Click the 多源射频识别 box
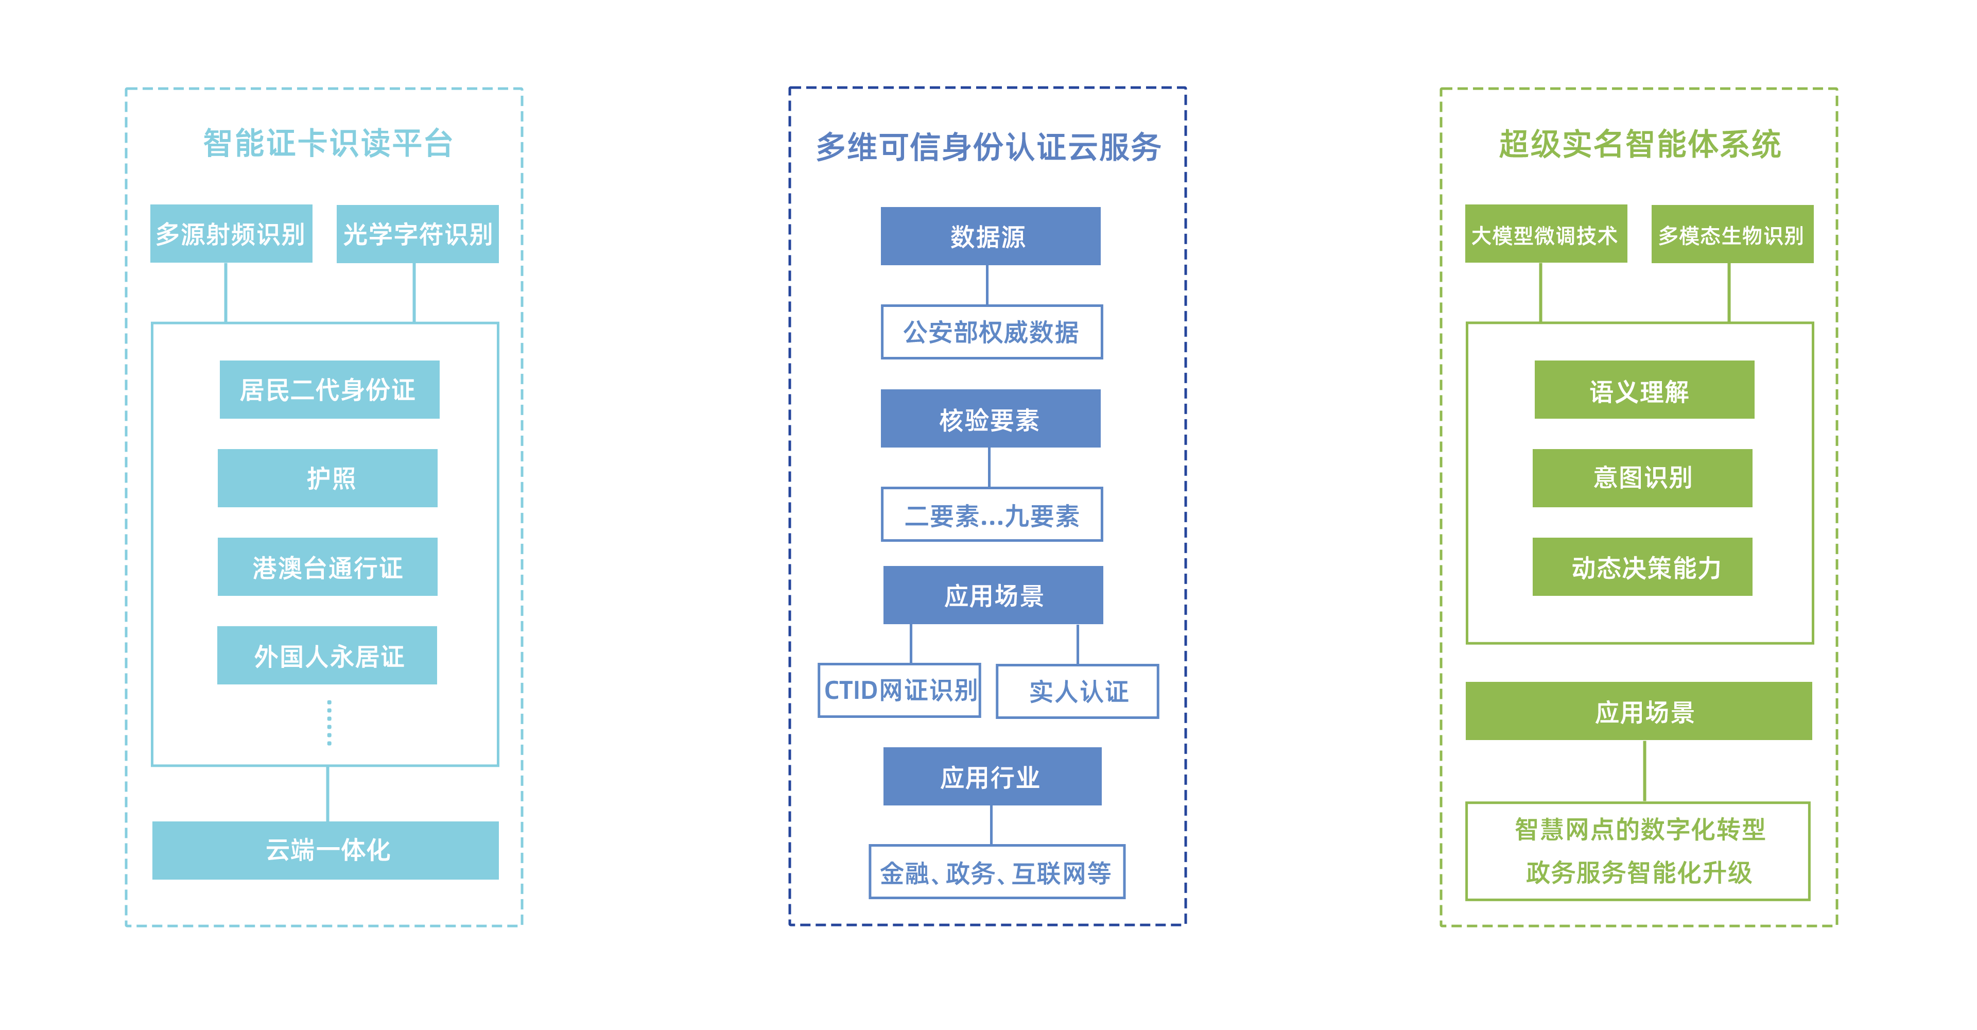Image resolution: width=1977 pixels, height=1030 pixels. pos(231,233)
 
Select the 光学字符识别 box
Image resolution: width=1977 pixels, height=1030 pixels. pos(418,233)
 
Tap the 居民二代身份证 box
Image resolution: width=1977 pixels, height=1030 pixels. pos(329,389)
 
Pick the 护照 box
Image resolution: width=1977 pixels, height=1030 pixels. pos(328,478)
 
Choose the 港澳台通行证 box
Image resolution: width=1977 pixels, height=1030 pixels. pos(328,566)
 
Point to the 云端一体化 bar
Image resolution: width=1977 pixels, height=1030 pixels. pos(325,850)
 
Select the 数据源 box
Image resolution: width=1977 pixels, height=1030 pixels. pos(990,236)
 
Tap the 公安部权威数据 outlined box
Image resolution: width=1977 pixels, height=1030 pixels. pos(992,332)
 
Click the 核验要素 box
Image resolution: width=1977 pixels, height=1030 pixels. pos(990,418)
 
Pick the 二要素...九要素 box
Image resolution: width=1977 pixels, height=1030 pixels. pos(992,514)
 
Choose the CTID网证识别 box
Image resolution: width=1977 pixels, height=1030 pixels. pos(899,691)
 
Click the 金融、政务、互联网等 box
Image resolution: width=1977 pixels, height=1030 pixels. pos(997,872)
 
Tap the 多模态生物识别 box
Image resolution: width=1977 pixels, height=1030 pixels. pos(1732,233)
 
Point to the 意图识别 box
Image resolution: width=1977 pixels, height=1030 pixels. pos(1642,478)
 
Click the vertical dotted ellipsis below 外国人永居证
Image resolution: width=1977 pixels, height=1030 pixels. pos(329,722)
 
